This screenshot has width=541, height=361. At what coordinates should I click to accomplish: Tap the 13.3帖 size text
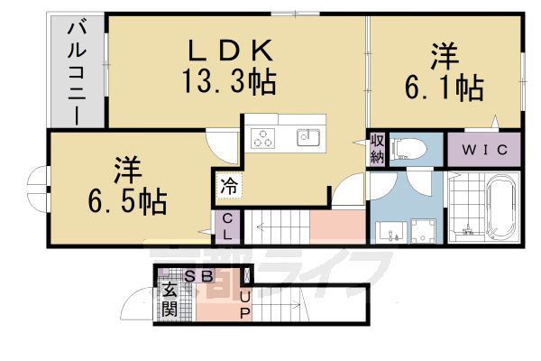click(231, 83)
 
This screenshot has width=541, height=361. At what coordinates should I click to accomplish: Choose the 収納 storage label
click(377, 150)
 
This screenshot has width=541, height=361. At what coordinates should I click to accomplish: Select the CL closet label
click(228, 227)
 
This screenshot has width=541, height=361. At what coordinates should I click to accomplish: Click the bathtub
click(500, 209)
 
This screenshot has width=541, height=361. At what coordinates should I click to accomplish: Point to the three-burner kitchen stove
click(263, 138)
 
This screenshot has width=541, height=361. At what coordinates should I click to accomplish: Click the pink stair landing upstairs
click(335, 226)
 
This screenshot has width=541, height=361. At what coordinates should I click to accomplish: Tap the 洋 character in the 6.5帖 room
click(126, 168)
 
